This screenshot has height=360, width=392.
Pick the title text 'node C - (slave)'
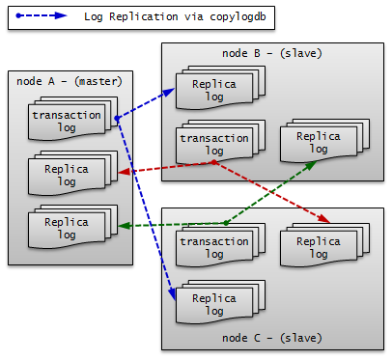coord(266,338)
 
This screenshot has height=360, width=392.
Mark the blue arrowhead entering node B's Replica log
coord(170,92)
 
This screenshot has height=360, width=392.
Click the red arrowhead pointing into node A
coord(122,174)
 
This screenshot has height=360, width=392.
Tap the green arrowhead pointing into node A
coord(122,227)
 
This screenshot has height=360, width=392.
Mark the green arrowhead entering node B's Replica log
coord(311,165)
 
